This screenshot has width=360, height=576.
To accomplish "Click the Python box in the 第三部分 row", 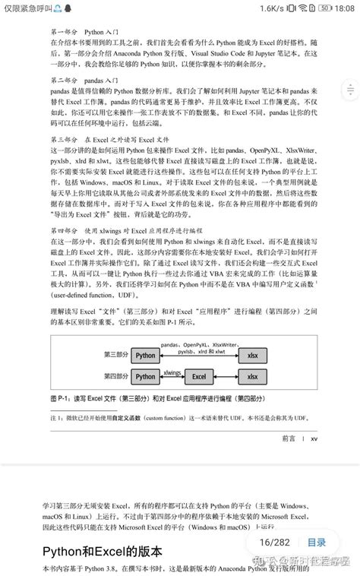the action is pos(144,356).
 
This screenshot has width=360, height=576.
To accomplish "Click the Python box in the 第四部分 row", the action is pos(144,376).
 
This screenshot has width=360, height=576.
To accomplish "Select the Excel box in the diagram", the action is pos(200,376).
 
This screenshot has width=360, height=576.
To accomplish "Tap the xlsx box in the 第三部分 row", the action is pos(253,356).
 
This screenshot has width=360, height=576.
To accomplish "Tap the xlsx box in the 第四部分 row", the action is pos(253,376).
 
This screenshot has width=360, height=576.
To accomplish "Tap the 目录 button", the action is pos(317,543).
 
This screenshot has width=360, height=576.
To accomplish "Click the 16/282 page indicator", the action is pos(275,543).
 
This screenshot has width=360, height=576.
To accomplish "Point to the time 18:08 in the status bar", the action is pos(343,7).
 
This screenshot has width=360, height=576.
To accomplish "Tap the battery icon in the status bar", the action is pos(325,7).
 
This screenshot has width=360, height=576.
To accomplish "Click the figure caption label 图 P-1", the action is pos(60,398).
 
